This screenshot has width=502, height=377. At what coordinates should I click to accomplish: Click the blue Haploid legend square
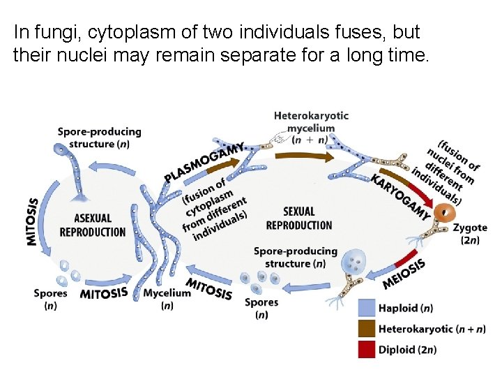[x=367, y=308]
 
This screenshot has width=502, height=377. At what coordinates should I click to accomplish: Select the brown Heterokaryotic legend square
[x=367, y=328]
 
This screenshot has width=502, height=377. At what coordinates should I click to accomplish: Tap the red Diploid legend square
[x=367, y=348]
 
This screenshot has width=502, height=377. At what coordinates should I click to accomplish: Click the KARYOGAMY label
[x=400, y=198]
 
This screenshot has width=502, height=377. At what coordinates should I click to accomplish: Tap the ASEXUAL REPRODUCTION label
[x=93, y=225]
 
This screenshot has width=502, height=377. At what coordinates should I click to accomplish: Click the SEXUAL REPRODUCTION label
[x=299, y=218]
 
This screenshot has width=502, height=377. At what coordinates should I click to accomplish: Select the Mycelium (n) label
[x=166, y=299]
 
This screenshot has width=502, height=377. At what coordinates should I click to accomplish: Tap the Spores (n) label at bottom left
[x=50, y=299]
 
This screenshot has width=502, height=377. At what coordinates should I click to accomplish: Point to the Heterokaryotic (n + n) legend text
[x=432, y=328]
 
